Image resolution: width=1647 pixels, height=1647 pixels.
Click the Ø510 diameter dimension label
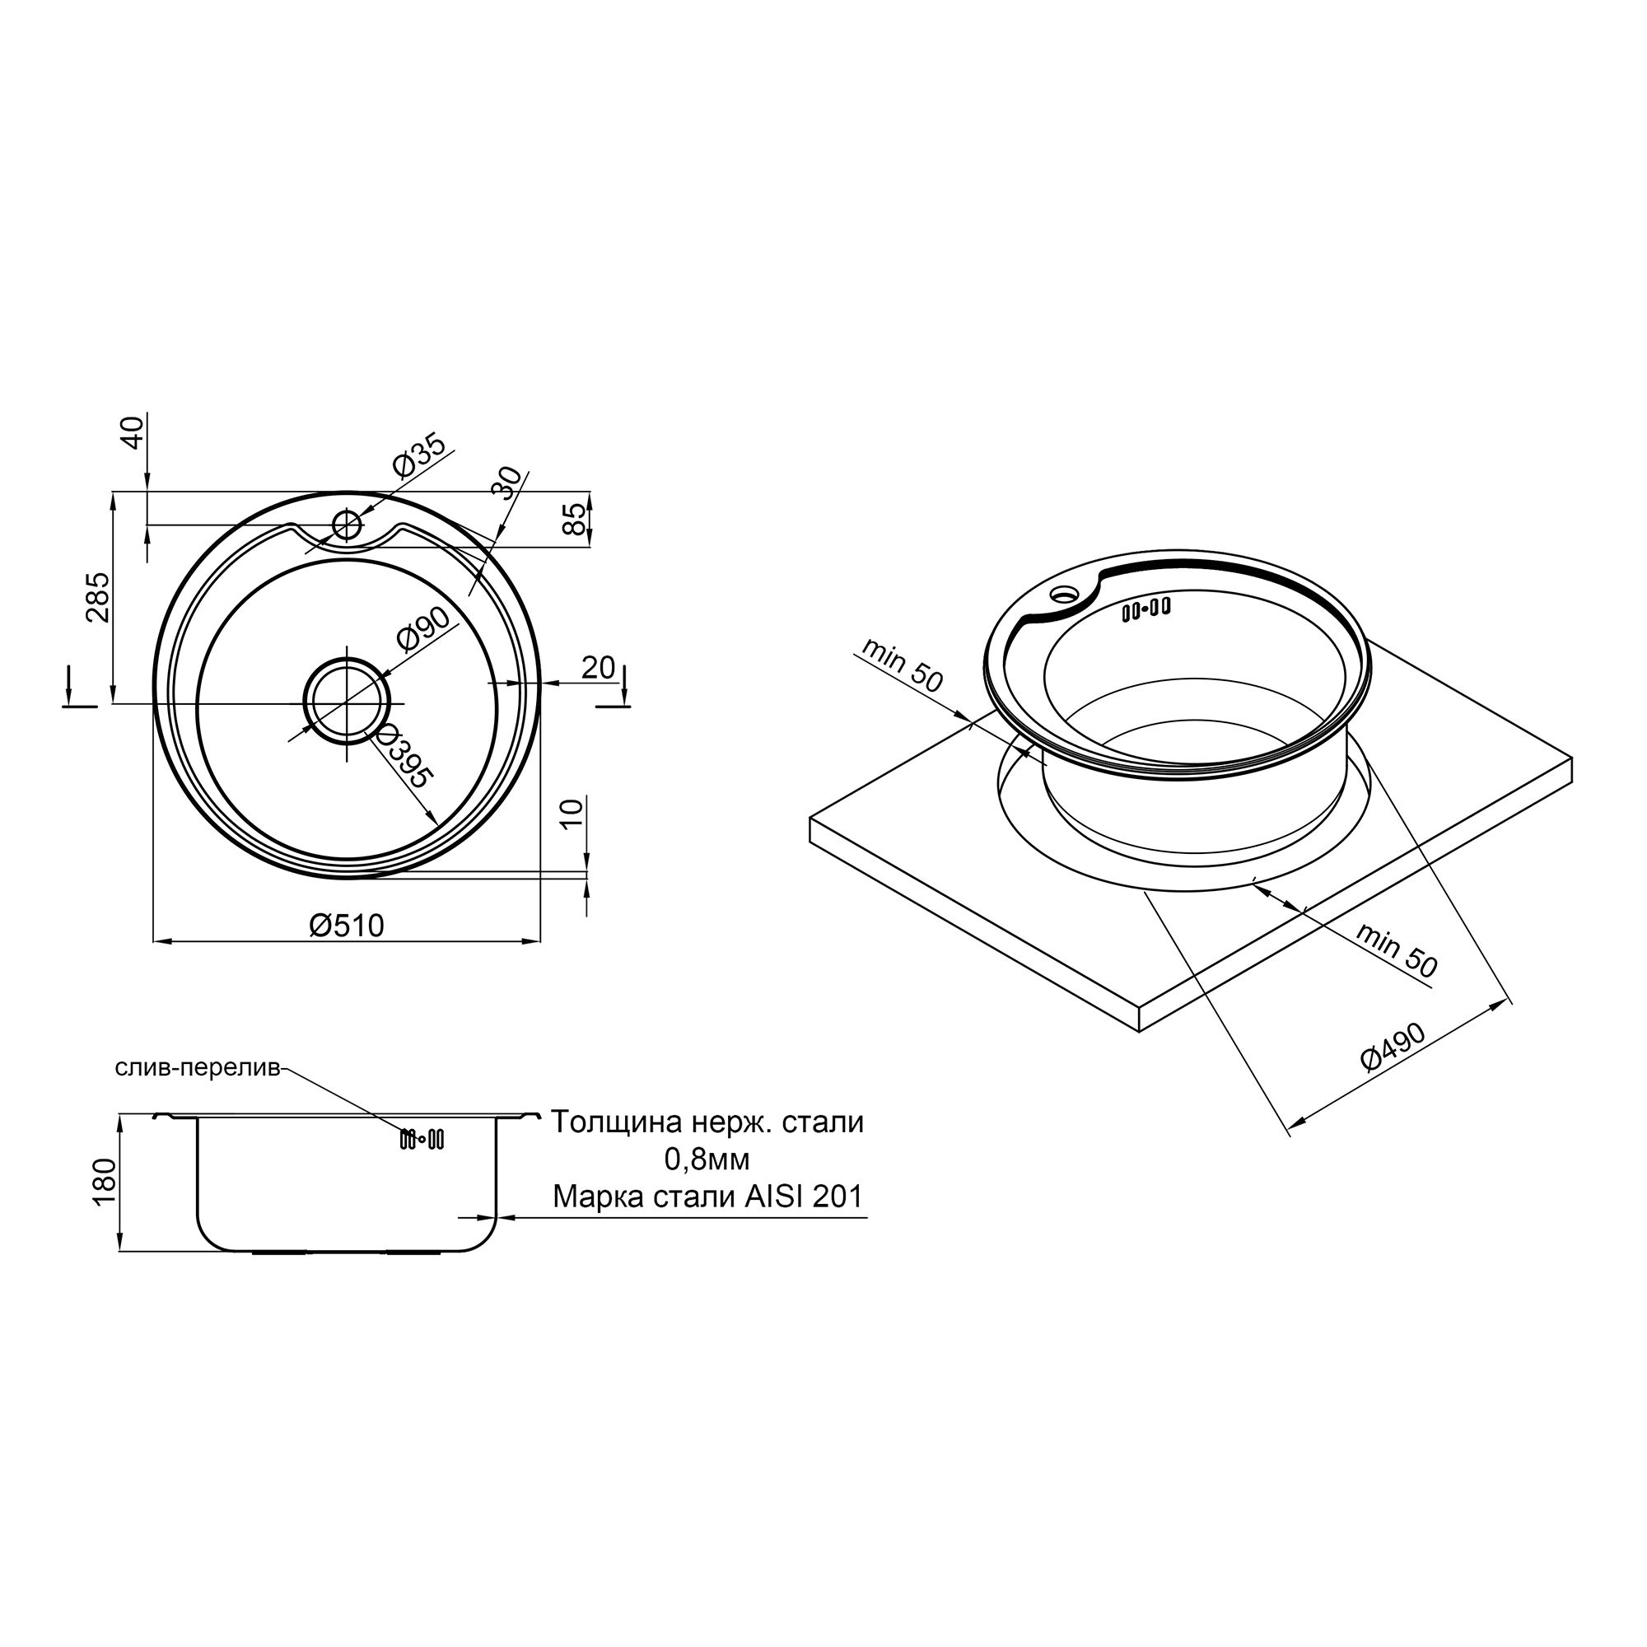(347, 925)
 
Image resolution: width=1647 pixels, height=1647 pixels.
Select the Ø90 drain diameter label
(423, 630)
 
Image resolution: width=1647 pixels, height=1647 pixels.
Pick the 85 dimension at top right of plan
(577, 520)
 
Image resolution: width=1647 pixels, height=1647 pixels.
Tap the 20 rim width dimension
(598, 668)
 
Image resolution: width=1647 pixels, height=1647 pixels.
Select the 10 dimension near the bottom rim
(573, 814)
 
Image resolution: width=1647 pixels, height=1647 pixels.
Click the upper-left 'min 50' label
(902, 665)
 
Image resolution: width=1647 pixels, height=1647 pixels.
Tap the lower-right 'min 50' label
(1397, 951)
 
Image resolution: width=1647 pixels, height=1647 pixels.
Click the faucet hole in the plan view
(347, 524)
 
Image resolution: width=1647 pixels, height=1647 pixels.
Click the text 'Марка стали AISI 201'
(707, 1197)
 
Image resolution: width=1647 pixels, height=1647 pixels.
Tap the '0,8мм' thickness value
(707, 1159)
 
